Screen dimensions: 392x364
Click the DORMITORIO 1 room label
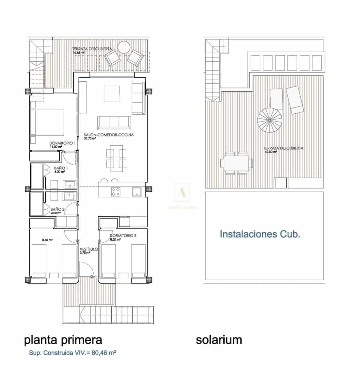pyautogui.click(x=62, y=143)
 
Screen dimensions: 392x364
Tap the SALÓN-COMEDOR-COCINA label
pyautogui.click(x=109, y=135)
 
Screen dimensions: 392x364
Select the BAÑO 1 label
pyautogui.click(x=59, y=168)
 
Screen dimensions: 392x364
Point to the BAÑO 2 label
pyautogui.click(x=57, y=209)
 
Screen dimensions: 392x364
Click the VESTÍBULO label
pyautogui.click(x=88, y=249)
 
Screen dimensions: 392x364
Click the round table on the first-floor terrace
pyautogui.click(x=124, y=47)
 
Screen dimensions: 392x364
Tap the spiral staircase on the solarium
pyautogui.click(x=270, y=120)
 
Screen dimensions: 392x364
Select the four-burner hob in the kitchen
pyautogui.click(x=116, y=191)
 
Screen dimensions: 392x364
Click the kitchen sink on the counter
pyautogui.click(x=136, y=191)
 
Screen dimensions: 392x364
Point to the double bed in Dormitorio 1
pyautogui.click(x=47, y=122)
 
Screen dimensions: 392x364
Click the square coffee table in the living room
pyautogui.click(x=112, y=94)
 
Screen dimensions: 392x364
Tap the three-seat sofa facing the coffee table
pyautogui.click(x=114, y=122)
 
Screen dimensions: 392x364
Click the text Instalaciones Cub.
pyautogui.click(x=260, y=234)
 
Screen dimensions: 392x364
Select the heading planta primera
pyautogui.click(x=63, y=340)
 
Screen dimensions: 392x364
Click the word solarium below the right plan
pyautogui.click(x=219, y=340)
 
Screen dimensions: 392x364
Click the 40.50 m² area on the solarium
pyautogui.click(x=271, y=152)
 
